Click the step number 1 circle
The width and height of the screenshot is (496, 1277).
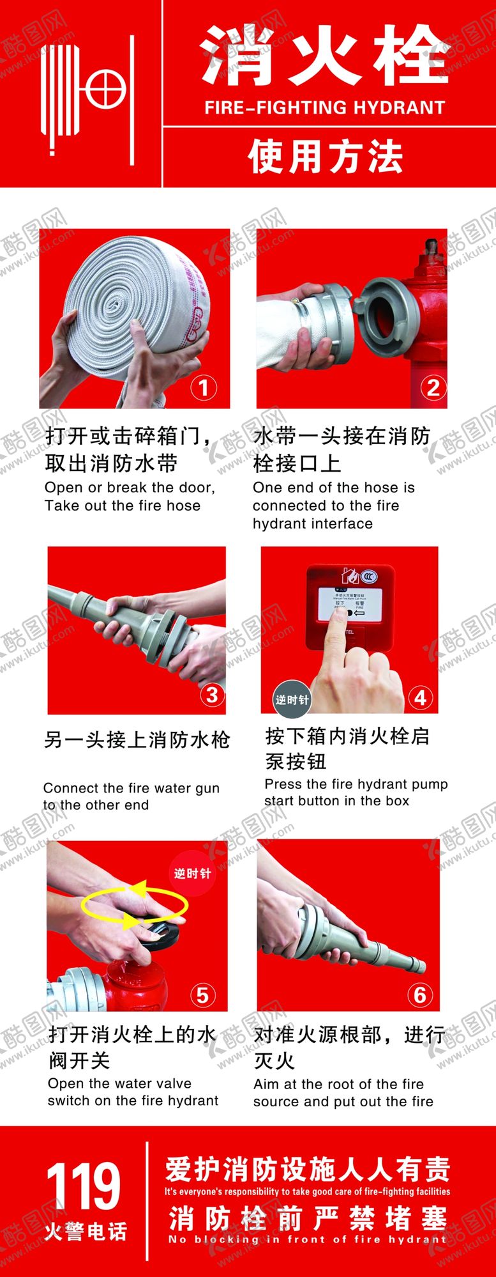(x=204, y=387)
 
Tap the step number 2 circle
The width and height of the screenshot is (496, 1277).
(x=433, y=387)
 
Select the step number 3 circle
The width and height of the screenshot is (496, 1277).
(x=213, y=695)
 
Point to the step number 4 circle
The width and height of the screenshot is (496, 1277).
(x=420, y=697)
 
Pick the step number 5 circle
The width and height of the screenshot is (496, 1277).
(x=202, y=995)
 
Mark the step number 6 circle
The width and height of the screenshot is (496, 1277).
(x=420, y=995)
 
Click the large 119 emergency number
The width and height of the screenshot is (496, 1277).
(x=83, y=1186)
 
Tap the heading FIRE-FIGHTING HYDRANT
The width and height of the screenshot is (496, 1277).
(x=324, y=107)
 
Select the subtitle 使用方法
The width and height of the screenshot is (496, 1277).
(x=326, y=157)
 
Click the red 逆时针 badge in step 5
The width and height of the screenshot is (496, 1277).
(x=192, y=873)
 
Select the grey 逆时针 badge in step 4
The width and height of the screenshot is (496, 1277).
(x=292, y=699)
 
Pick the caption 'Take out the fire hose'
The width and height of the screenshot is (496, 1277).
(x=123, y=506)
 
